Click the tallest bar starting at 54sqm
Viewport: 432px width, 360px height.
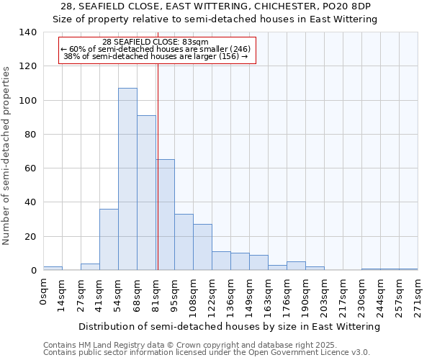click(x=127, y=179)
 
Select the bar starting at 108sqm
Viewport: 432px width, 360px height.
click(x=202, y=247)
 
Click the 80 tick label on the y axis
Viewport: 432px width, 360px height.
click(x=31, y=135)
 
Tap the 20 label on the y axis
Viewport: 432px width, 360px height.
click(x=31, y=237)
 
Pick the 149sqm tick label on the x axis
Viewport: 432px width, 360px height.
click(x=250, y=295)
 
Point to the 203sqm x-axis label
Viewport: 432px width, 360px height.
click(x=325, y=295)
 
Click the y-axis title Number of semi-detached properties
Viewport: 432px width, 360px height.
click(x=7, y=155)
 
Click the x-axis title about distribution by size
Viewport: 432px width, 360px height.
click(x=229, y=326)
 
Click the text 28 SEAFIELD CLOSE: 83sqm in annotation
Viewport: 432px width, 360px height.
click(x=156, y=42)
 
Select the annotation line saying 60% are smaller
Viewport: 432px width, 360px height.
click(x=156, y=49)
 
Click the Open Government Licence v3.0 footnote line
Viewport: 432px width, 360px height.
click(x=207, y=352)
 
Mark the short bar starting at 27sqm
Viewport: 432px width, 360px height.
click(x=90, y=266)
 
